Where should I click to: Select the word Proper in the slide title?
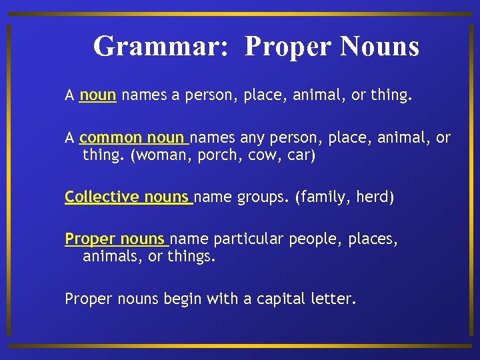coord(288,47)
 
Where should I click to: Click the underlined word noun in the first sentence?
coord(98,96)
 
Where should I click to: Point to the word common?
coord(111,138)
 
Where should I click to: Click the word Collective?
coord(102,197)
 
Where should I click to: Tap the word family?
coord(325,197)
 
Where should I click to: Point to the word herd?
coord(375,197)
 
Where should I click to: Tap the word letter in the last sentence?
coord(333,299)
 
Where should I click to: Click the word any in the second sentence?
coord(251,138)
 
